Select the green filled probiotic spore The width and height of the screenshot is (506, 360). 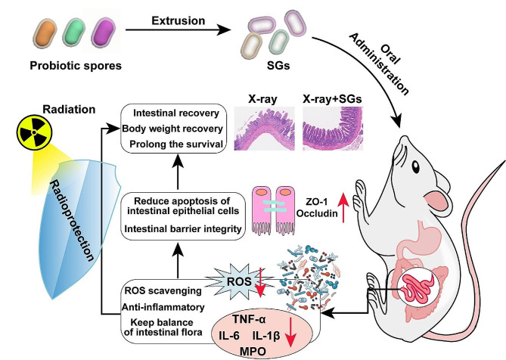[74, 33]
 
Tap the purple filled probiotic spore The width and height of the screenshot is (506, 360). [104, 33]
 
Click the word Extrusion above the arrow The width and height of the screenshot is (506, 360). [178, 20]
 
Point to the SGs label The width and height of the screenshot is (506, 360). [278, 66]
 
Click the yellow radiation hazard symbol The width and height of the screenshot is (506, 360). [34, 132]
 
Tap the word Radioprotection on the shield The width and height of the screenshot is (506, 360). [72, 221]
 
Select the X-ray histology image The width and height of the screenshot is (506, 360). [264, 129]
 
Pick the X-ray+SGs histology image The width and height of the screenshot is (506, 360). [333, 129]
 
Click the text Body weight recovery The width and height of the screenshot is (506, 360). [172, 129]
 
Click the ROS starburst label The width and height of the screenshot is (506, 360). [239, 281]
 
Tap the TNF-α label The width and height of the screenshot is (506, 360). [249, 319]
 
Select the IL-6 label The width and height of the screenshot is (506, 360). [229, 336]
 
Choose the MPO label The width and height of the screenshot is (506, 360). [253, 352]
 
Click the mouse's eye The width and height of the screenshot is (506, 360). [416, 167]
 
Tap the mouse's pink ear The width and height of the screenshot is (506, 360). [436, 200]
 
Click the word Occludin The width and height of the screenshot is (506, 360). [317, 213]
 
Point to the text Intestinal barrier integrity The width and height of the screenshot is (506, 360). [183, 229]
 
